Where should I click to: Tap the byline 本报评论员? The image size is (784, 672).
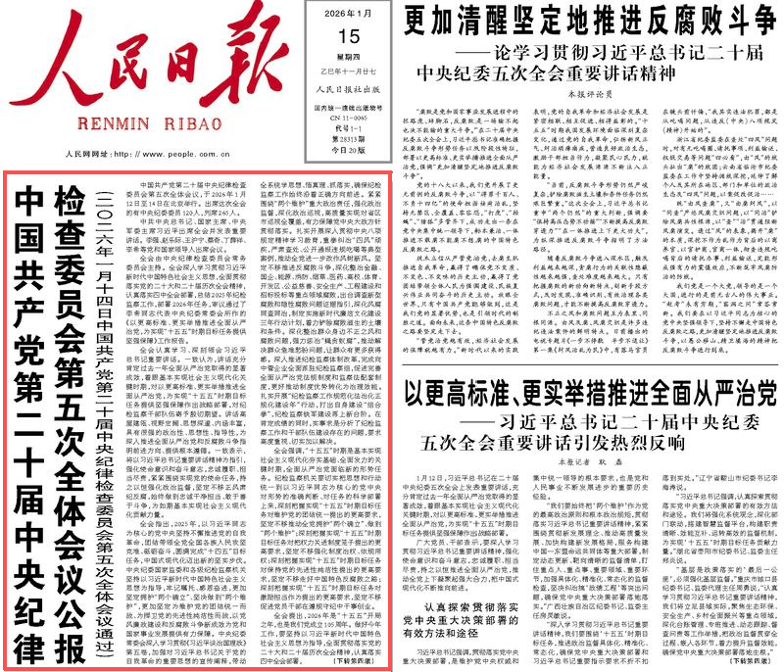576,92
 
